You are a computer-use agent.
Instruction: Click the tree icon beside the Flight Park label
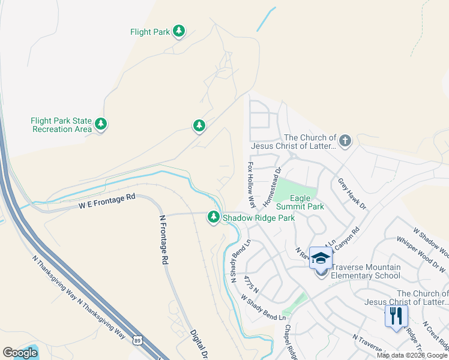[179, 31]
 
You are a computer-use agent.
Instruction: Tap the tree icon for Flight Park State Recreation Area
[101, 125]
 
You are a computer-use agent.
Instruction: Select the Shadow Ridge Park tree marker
[213, 217]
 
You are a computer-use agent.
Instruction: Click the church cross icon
[345, 141]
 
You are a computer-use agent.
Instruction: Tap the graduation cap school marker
[321, 258]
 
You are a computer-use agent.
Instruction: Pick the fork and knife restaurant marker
[396, 316]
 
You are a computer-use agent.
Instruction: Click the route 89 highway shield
[137, 340]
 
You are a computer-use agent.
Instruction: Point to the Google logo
[20, 353]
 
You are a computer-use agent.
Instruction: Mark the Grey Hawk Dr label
[351, 193]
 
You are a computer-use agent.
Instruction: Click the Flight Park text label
[150, 32]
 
